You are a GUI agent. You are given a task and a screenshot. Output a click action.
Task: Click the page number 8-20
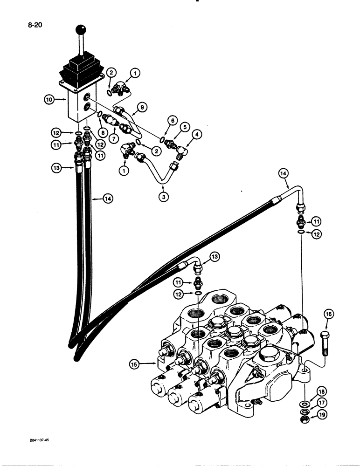(x=22, y=26)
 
